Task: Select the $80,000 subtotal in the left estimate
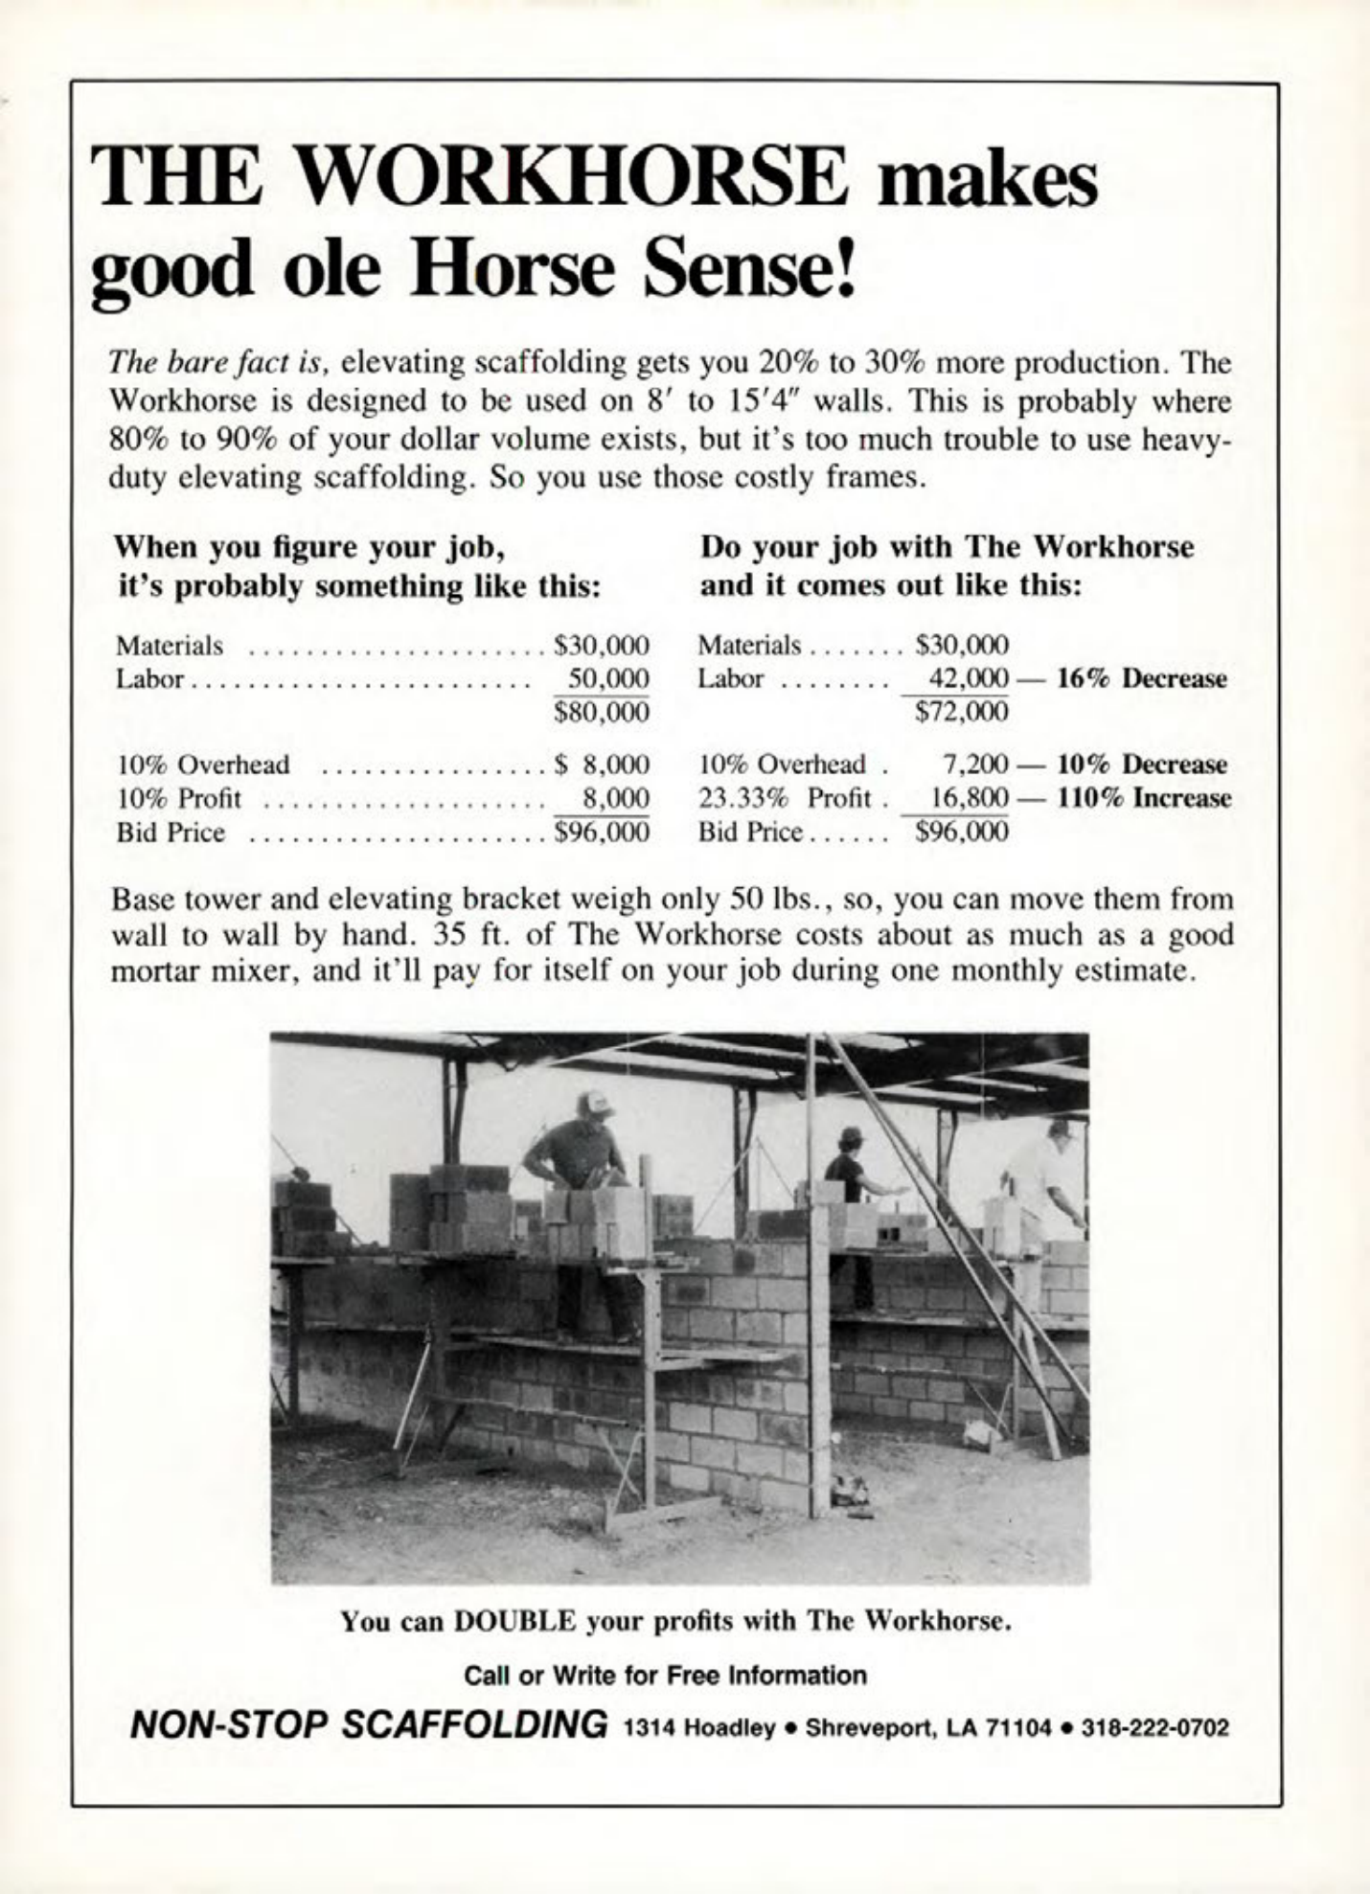pyautogui.click(x=603, y=712)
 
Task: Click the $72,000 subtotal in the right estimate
pyautogui.click(x=962, y=712)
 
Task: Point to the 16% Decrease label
pyautogui.click(x=1141, y=678)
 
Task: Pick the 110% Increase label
pyautogui.click(x=1144, y=797)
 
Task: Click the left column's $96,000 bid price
pyautogui.click(x=603, y=832)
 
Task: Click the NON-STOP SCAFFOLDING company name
pyautogui.click(x=368, y=1725)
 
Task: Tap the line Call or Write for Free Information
pyautogui.click(x=665, y=1676)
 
